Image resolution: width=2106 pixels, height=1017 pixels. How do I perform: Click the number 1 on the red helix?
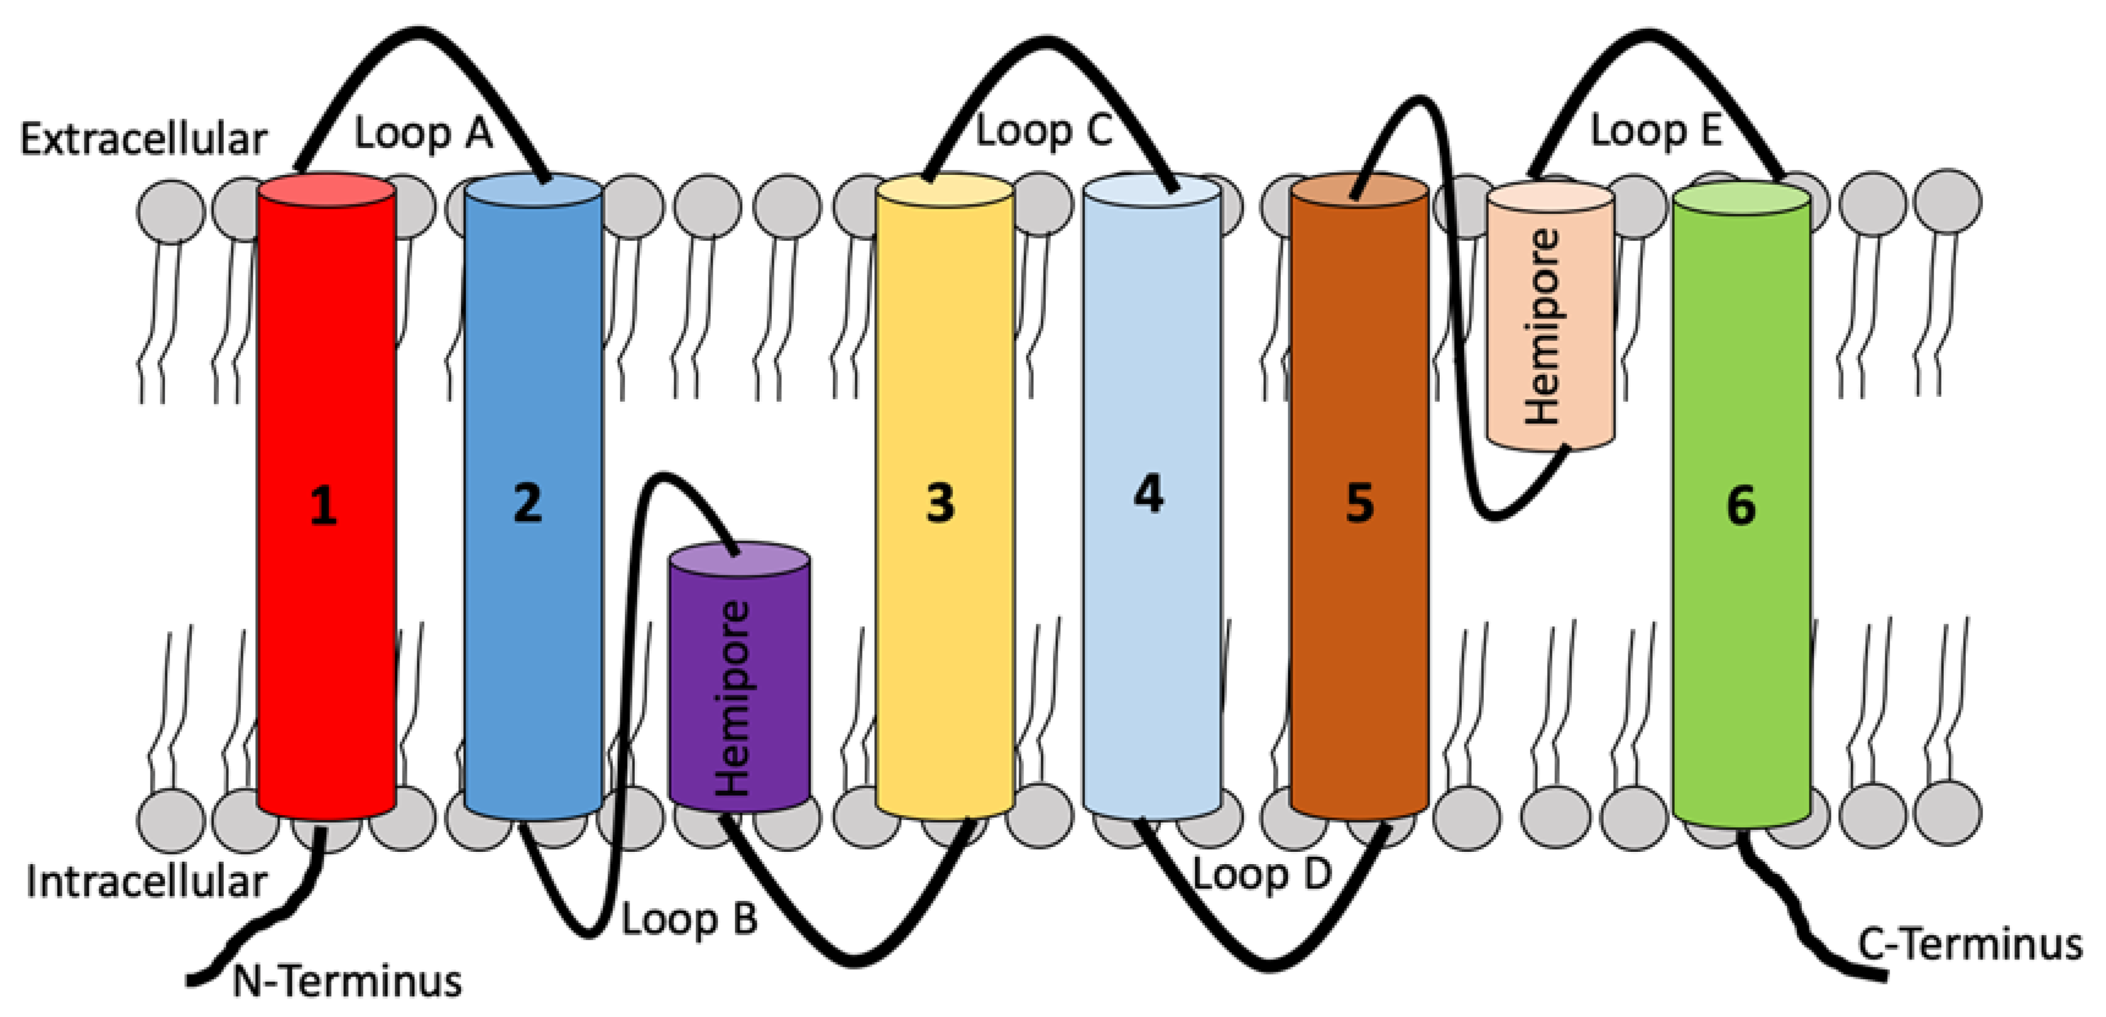(324, 505)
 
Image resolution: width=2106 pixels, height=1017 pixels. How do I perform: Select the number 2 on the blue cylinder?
(528, 502)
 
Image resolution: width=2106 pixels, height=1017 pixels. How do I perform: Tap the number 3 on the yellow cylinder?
(940, 502)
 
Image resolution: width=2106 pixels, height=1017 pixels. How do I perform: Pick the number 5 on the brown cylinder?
(1360, 502)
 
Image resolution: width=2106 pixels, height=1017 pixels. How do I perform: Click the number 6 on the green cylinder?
(1741, 505)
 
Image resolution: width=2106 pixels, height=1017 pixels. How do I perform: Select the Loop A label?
(423, 133)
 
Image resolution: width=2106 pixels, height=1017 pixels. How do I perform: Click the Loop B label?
(689, 920)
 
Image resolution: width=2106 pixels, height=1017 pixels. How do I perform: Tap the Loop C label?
(1044, 131)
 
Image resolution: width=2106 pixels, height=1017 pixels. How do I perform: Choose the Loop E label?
(1656, 131)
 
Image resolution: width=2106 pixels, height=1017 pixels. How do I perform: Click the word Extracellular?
(144, 139)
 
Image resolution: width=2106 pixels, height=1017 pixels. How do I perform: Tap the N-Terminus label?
(347, 980)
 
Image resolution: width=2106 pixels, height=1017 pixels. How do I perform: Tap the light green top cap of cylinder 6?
(1741, 199)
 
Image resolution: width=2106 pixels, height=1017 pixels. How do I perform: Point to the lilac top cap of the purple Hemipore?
(739, 560)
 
